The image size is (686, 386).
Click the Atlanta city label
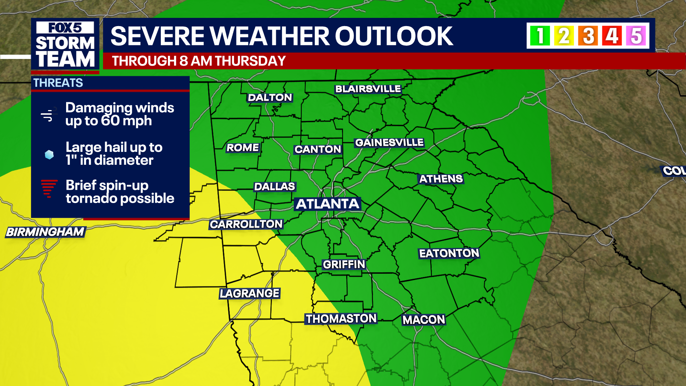click(x=327, y=204)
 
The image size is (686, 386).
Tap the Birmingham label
click(x=45, y=232)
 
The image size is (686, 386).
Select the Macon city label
click(x=424, y=320)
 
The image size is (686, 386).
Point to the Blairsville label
click(x=368, y=89)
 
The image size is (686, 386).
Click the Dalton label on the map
click(x=270, y=98)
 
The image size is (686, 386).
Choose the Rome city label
click(x=243, y=148)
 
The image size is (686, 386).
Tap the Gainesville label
click(x=389, y=143)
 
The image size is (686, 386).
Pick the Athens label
click(x=441, y=179)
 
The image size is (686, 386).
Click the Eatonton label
click(x=449, y=253)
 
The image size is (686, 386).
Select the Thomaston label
click(x=341, y=318)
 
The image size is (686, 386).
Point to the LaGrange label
click(x=249, y=293)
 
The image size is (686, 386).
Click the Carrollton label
click(x=246, y=224)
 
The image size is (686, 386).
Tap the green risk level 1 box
click(x=540, y=36)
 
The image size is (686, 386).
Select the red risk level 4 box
click(x=612, y=36)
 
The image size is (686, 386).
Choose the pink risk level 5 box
click(x=636, y=36)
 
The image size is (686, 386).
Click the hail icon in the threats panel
click(x=49, y=154)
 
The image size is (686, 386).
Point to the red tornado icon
click(x=49, y=188)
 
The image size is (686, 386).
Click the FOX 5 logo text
click(x=65, y=28)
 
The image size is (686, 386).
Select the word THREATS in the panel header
click(x=58, y=83)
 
